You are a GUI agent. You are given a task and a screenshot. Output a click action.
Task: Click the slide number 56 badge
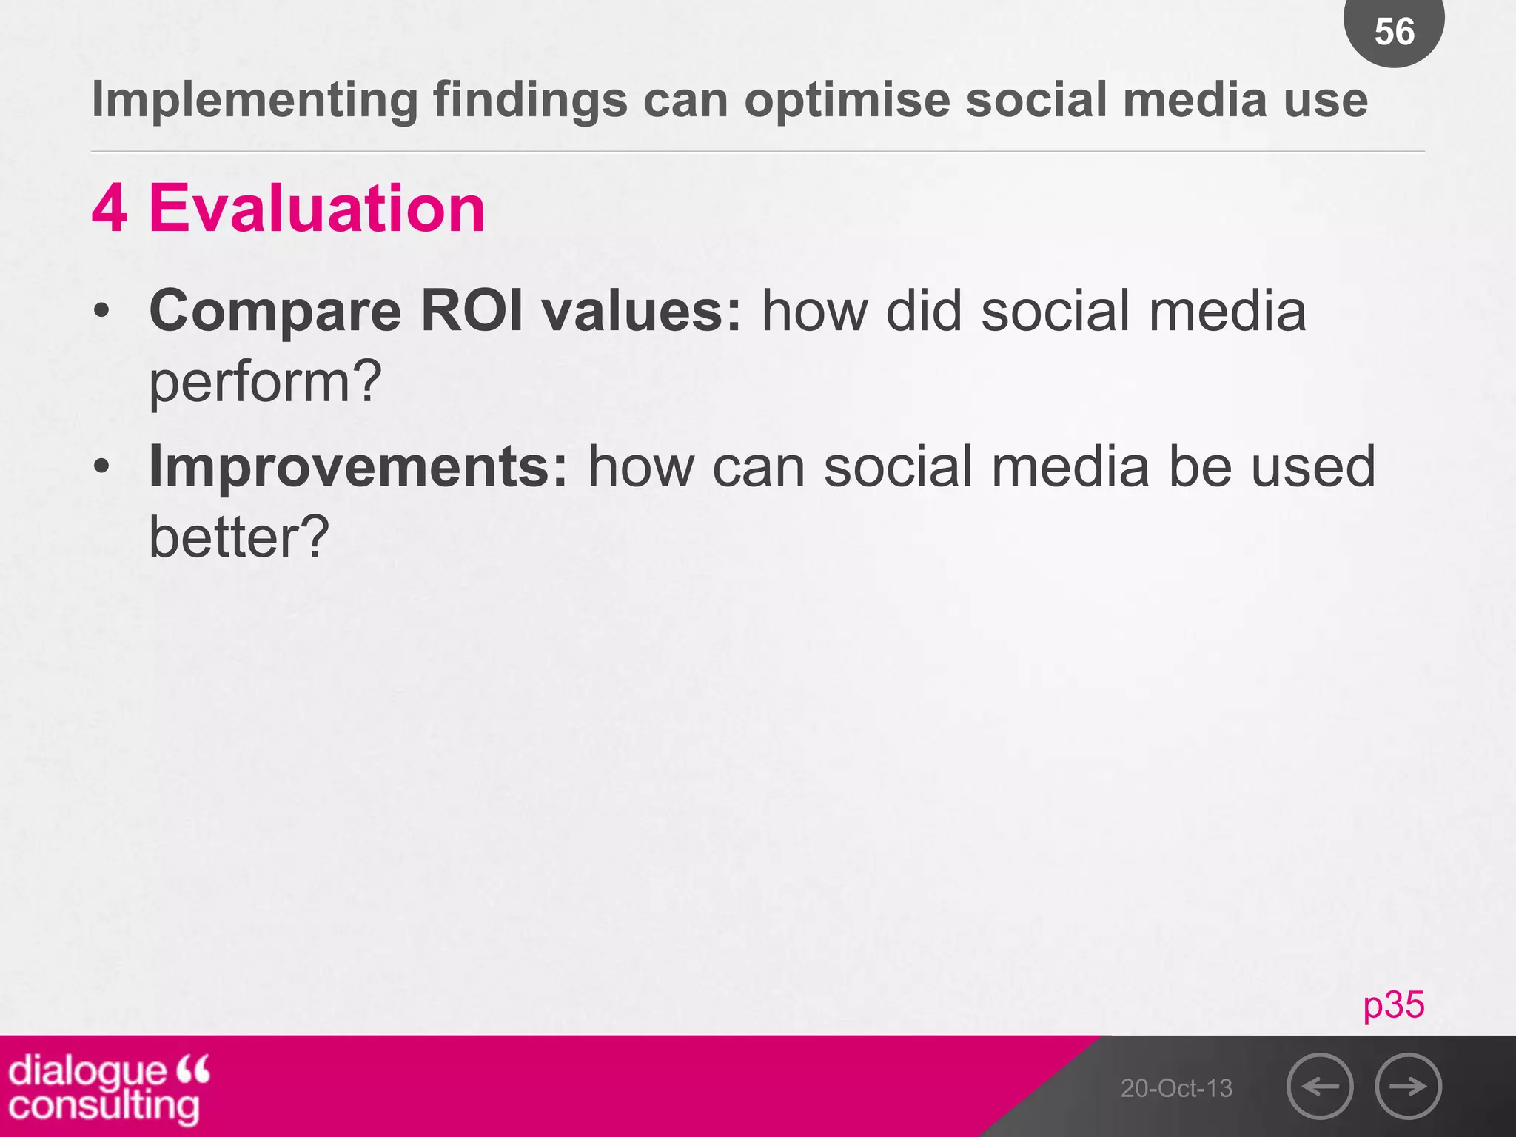tap(1394, 31)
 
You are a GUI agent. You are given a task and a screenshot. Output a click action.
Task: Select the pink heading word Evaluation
tap(317, 209)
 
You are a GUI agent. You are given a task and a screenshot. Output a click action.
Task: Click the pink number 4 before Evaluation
tap(110, 209)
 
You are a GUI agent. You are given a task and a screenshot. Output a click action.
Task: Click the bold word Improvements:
tap(358, 466)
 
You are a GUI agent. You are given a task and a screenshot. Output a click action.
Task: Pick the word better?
tap(238, 537)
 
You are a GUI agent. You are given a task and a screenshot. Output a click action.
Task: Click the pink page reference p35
tap(1393, 1004)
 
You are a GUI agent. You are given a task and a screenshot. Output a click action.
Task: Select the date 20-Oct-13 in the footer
tap(1176, 1088)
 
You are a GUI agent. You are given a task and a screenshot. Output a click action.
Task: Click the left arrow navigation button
tap(1320, 1086)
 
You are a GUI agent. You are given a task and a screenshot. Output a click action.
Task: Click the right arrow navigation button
tap(1408, 1086)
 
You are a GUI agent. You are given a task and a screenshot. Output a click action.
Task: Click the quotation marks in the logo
tap(194, 1069)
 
